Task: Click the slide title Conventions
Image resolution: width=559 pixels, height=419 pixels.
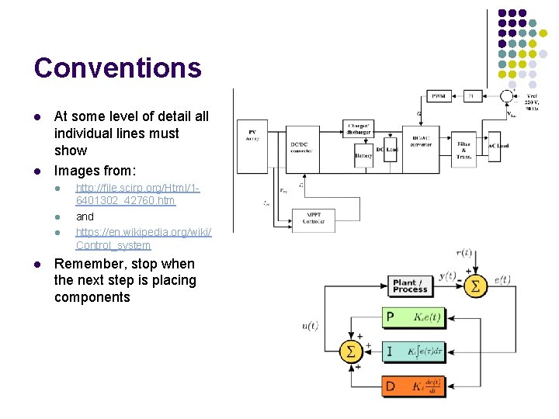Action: tap(117, 68)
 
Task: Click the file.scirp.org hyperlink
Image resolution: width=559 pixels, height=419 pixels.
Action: tap(138, 195)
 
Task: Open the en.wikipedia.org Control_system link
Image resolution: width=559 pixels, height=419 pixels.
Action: tap(143, 238)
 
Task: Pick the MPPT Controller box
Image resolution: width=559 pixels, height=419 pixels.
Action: tap(314, 218)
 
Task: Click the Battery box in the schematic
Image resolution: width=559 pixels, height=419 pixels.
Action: tap(363, 155)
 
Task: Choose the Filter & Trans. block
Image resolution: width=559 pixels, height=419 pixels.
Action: tap(464, 150)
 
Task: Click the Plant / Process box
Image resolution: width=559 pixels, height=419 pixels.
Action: tap(411, 286)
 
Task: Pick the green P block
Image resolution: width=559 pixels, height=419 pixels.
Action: tap(415, 317)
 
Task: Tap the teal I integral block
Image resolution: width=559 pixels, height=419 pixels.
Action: tap(415, 351)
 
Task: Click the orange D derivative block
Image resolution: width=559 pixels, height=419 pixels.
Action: tap(415, 386)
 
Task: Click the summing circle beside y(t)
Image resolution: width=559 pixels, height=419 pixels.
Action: tap(476, 286)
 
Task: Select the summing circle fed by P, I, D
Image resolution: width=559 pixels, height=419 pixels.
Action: tap(351, 351)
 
